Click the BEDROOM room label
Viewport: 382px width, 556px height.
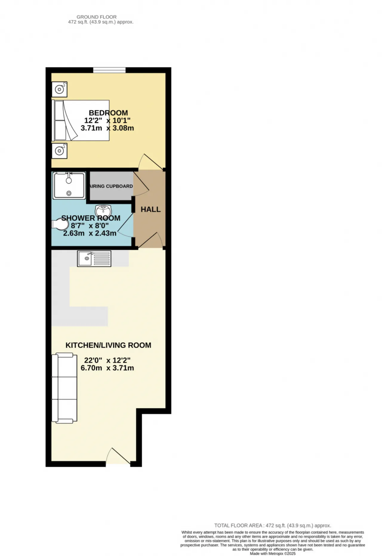click(108, 113)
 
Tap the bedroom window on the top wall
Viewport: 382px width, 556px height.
click(109, 70)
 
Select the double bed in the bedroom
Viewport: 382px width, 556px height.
click(81, 120)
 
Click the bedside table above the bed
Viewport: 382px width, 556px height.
click(59, 89)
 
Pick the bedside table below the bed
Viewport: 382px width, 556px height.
click(59, 151)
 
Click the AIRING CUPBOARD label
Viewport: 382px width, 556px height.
click(111, 186)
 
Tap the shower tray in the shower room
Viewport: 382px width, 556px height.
click(69, 185)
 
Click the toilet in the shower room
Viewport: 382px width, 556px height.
click(60, 224)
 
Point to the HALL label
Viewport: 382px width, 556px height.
click(151, 210)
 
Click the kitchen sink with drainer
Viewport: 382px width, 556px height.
click(94, 258)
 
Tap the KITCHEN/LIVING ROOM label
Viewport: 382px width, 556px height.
click(108, 345)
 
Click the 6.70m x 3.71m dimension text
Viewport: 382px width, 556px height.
click(107, 368)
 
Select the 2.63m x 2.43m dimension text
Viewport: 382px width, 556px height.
click(90, 233)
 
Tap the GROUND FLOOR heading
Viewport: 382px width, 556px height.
click(96, 17)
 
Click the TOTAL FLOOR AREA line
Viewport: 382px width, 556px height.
click(272, 526)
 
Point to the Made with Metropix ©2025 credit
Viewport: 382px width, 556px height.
click(272, 554)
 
